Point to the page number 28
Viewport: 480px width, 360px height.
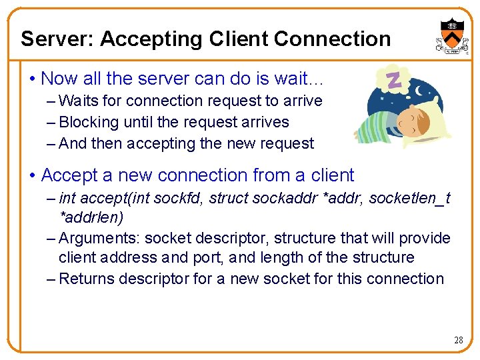[x=458, y=340]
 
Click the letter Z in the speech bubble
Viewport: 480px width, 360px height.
[x=393, y=80]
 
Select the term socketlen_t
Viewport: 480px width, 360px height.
[x=409, y=199]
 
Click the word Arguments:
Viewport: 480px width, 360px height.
[x=99, y=239]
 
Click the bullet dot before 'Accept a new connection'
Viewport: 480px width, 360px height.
[x=32, y=176]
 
